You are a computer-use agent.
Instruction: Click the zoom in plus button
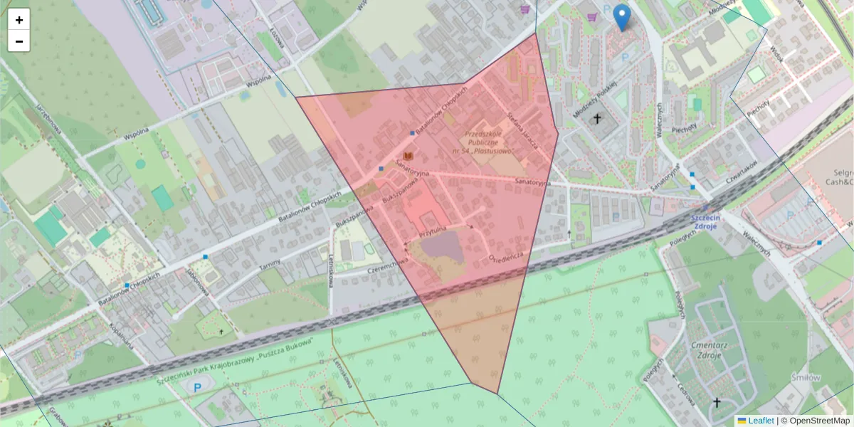click(x=19, y=20)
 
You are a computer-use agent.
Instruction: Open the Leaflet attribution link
click(x=760, y=421)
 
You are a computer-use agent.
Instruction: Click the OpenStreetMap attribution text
click(x=816, y=421)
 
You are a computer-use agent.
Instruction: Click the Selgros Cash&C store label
click(x=840, y=178)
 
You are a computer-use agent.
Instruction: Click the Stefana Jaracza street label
click(x=521, y=126)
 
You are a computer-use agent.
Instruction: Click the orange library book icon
click(x=408, y=156)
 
